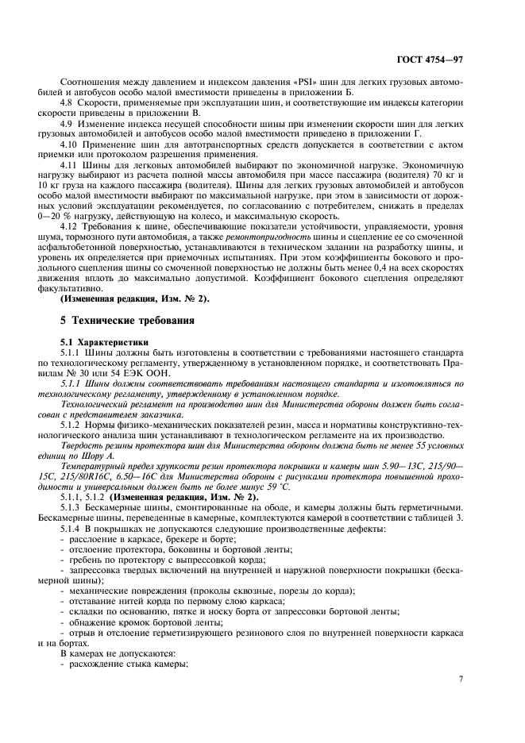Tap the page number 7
[x=461, y=679]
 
